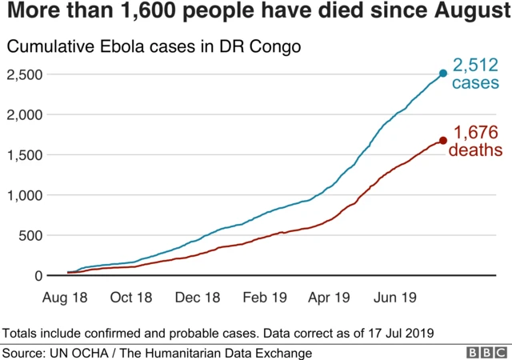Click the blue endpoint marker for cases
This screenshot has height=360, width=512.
(x=443, y=74)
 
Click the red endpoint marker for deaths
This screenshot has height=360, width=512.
(x=443, y=141)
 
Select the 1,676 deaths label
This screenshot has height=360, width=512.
(x=477, y=141)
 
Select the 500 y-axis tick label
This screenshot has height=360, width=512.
(x=30, y=235)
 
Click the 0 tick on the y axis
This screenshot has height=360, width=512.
(x=37, y=276)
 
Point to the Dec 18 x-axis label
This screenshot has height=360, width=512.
(x=197, y=297)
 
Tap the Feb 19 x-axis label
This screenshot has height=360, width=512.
(x=263, y=297)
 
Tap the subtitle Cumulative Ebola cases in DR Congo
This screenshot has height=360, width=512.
(x=154, y=47)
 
